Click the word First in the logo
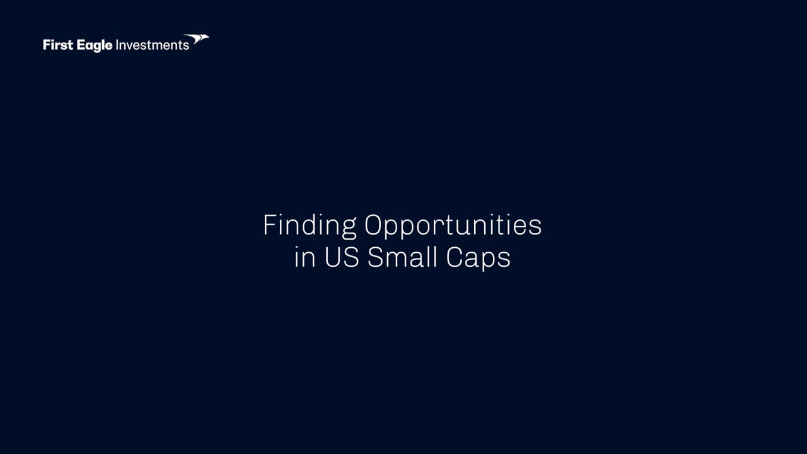[58, 45]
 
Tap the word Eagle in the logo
[95, 46]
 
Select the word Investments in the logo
[152, 45]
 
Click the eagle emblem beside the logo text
[196, 39]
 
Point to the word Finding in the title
[310, 226]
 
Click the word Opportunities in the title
[453, 226]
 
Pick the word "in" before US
[305, 257]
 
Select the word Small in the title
[402, 257]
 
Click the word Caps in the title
[478, 258]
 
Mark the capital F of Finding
[270, 225]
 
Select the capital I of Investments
[117, 45]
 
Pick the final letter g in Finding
[349, 229]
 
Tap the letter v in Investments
[131, 47]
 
